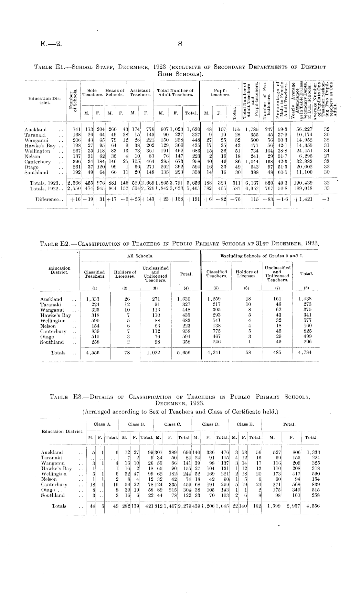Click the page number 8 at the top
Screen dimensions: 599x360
(180, 44)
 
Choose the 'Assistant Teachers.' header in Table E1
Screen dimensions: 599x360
(140, 93)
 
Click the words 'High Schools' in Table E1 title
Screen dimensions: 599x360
(180, 73)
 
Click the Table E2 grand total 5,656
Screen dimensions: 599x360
(185, 353)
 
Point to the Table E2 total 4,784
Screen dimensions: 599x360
(305, 353)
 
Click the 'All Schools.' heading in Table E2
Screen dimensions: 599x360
(140, 256)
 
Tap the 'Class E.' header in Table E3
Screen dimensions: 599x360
(245, 424)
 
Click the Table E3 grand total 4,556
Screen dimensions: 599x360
(313, 506)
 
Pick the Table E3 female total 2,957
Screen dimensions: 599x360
(292, 506)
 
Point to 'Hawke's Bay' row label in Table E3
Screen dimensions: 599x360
(57, 468)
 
